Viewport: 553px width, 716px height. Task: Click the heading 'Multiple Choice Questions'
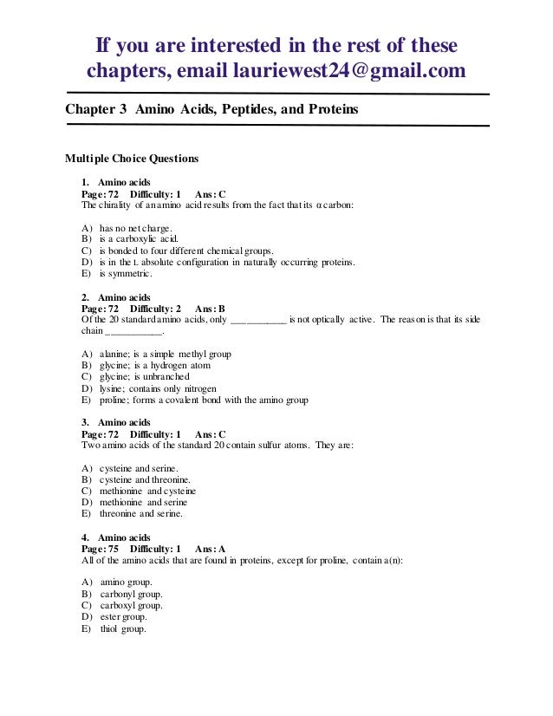point(133,159)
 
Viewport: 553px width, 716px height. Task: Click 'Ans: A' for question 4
point(210,549)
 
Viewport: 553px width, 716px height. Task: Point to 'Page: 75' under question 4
point(100,549)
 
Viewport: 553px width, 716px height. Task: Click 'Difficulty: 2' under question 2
point(156,308)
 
